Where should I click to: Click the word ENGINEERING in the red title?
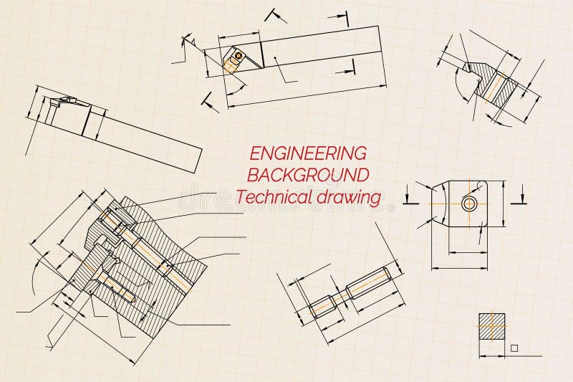tap(307, 153)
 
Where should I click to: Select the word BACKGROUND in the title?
tap(308, 174)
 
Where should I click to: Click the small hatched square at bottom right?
tap(491, 326)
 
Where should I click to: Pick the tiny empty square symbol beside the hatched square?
tap(514, 348)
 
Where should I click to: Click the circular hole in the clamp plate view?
tap(469, 203)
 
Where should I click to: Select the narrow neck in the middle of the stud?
tap(337, 297)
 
